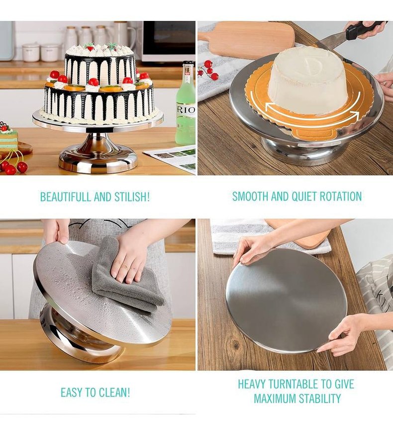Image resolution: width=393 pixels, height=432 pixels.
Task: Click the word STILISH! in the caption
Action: pyautogui.click(x=132, y=197)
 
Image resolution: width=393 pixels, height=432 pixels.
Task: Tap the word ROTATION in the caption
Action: pyautogui.click(x=340, y=197)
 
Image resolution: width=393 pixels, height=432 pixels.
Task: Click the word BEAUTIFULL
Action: pyautogui.click(x=66, y=197)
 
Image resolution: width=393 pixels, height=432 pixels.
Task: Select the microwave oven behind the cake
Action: pyautogui.click(x=169, y=41)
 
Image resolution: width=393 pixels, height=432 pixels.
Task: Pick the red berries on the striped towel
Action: pyautogui.click(x=208, y=70)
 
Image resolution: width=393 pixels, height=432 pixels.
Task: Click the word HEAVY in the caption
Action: pyautogui.click(x=252, y=384)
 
